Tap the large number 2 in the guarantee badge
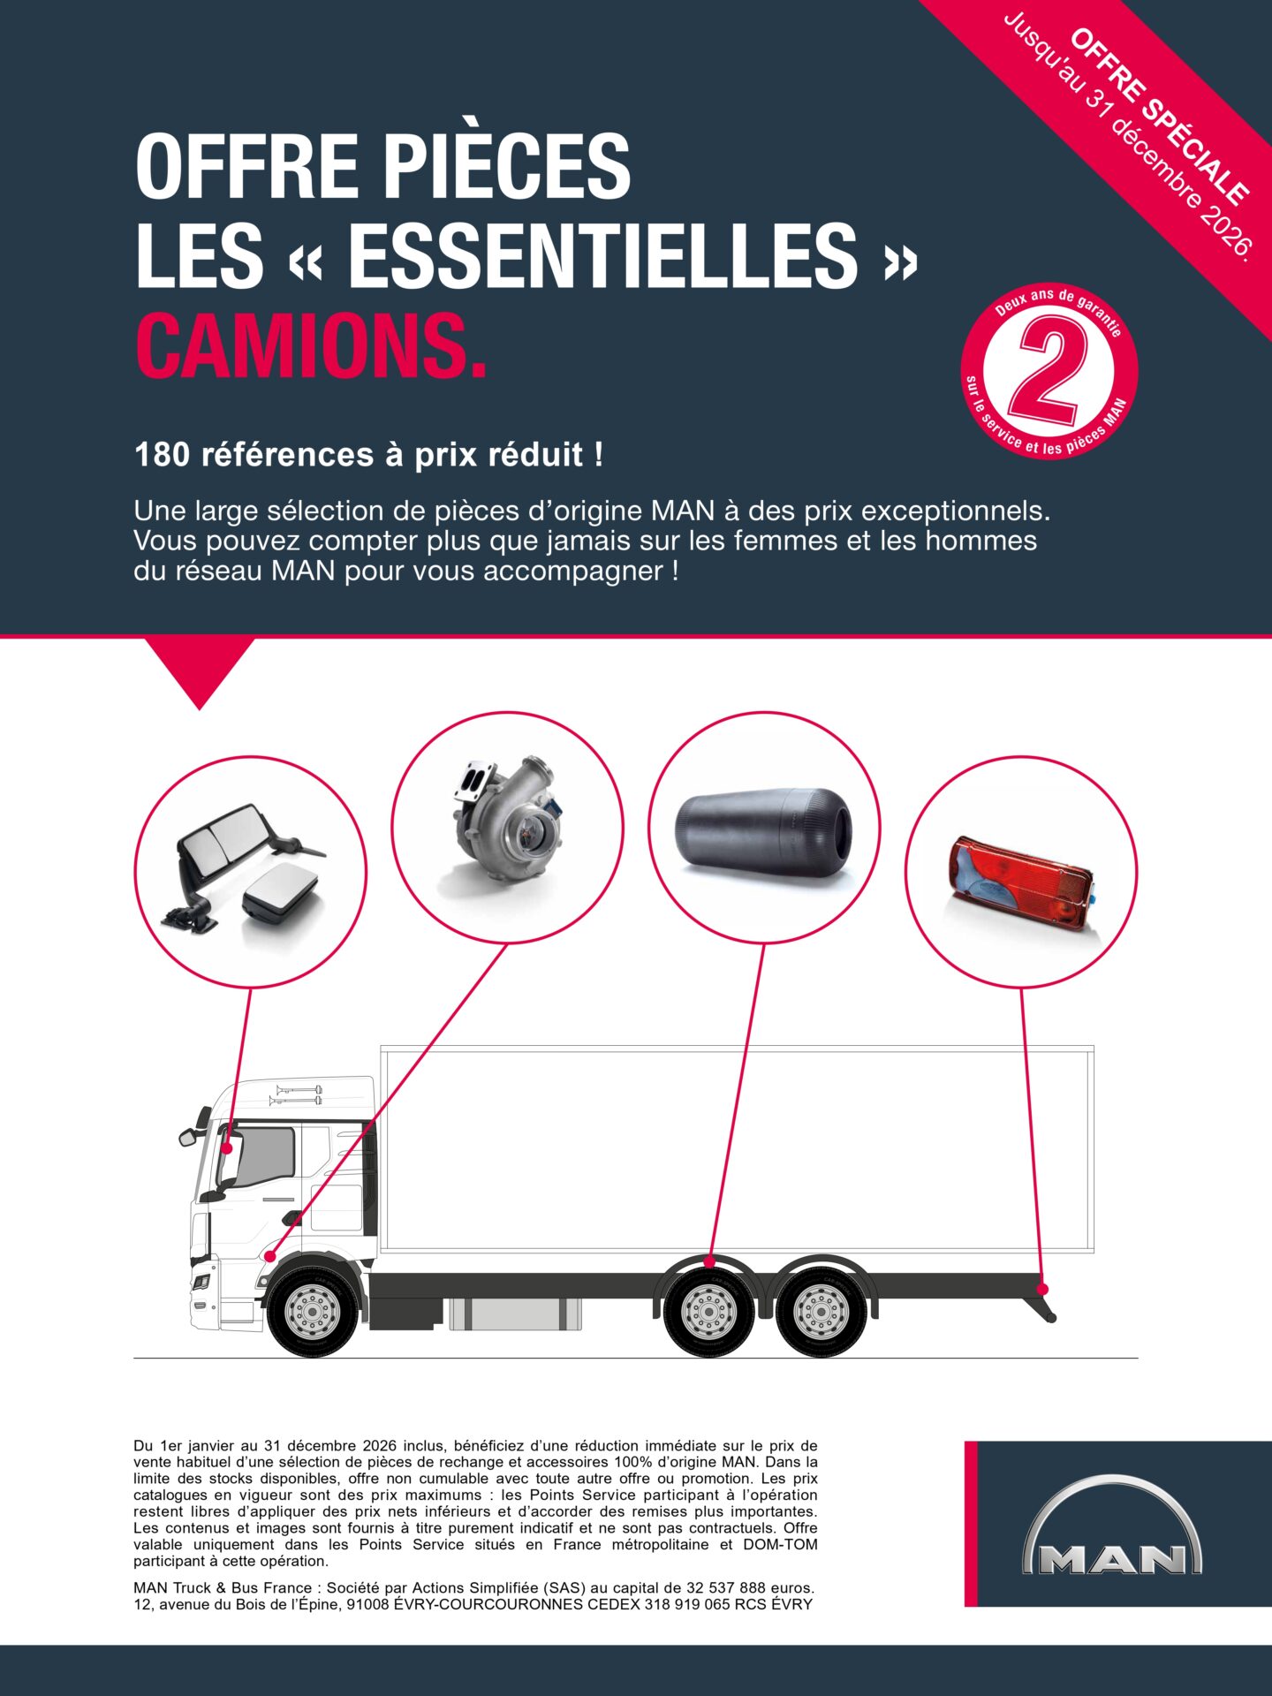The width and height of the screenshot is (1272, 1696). tap(1049, 369)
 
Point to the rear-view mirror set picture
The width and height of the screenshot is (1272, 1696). tap(250, 870)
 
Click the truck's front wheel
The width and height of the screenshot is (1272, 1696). tap(313, 1310)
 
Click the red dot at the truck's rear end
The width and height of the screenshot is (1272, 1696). tap(1042, 1289)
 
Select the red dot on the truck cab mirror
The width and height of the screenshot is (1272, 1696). tap(227, 1148)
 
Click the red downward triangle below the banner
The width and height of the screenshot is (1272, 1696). tap(200, 667)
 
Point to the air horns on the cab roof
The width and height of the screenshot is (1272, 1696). tap(297, 1094)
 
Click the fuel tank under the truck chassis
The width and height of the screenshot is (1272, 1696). tap(515, 1314)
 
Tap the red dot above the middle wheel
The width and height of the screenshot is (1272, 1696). tap(709, 1263)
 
